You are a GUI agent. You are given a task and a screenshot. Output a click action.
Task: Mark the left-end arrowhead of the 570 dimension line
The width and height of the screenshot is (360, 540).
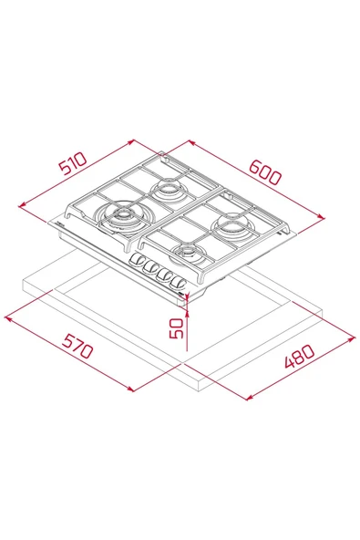click(7, 317)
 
